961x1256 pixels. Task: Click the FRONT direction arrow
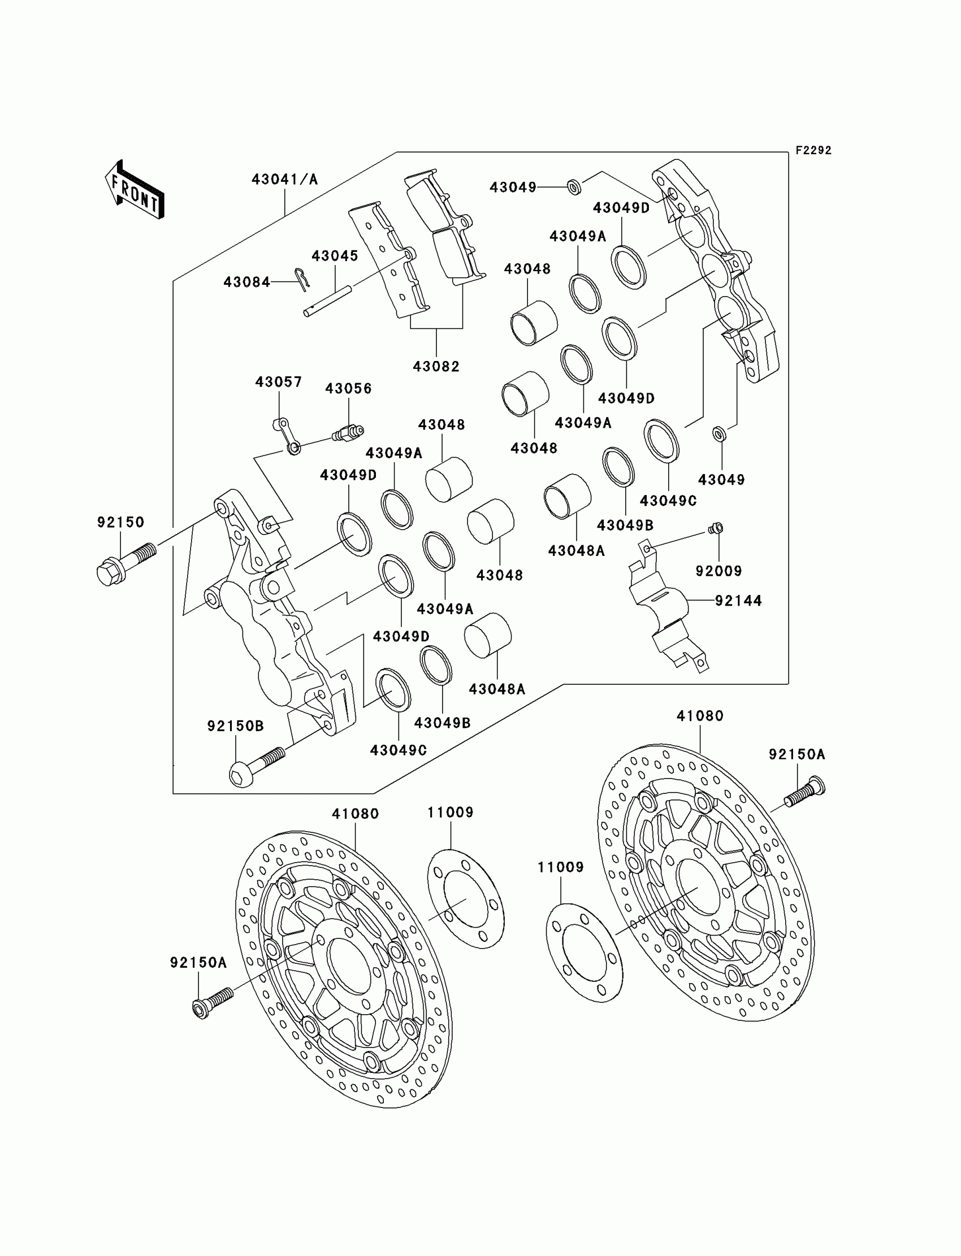click(x=135, y=190)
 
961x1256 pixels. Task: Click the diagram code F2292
click(x=813, y=150)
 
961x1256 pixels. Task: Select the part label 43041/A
click(x=284, y=180)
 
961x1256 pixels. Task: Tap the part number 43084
click(x=246, y=282)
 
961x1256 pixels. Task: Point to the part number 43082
click(x=436, y=366)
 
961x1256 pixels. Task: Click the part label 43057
click(x=279, y=381)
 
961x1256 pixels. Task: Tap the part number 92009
click(x=718, y=571)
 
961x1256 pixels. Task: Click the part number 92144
click(x=738, y=600)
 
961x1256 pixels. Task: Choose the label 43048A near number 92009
click(x=576, y=550)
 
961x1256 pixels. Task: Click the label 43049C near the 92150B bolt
click(x=398, y=750)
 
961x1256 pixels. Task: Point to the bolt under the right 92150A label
click(x=805, y=793)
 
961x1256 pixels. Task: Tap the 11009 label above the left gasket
click(x=450, y=812)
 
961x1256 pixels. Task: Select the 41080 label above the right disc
click(x=700, y=716)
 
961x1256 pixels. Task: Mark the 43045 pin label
click(x=335, y=255)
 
